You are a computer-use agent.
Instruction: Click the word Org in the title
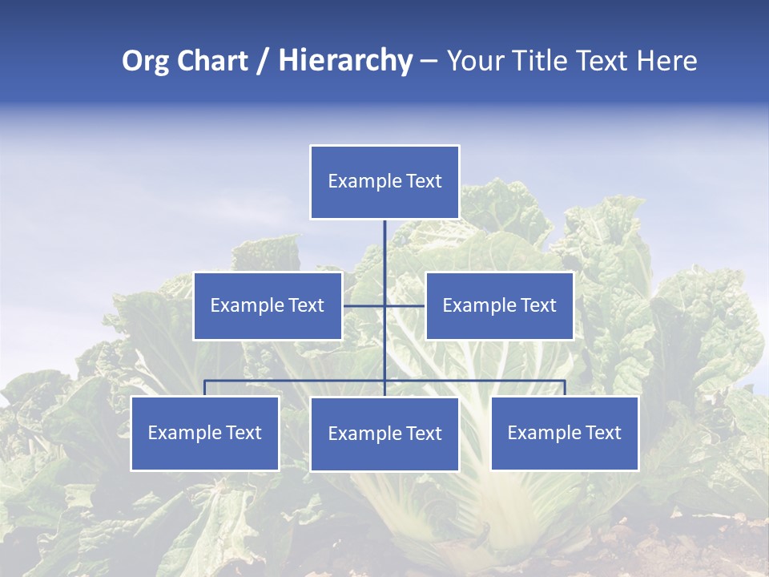coord(147,61)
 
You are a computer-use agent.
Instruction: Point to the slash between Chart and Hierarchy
coord(262,62)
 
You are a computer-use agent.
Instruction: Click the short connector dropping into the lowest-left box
coord(205,388)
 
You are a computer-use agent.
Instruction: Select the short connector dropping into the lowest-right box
coord(565,388)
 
